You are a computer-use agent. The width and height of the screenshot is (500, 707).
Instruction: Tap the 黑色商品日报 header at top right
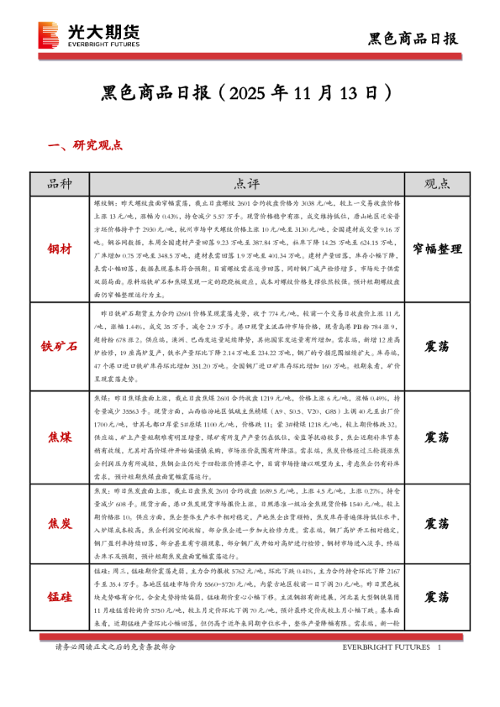414,39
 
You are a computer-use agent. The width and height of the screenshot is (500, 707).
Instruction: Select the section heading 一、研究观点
87,145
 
